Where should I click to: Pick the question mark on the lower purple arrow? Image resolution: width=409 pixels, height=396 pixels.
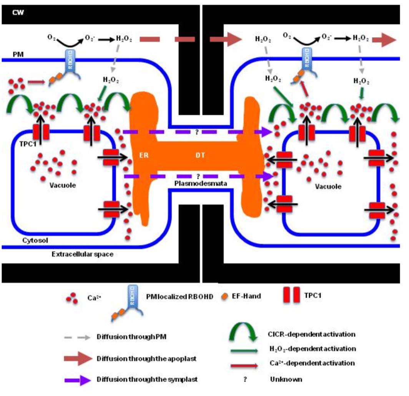tap(198, 176)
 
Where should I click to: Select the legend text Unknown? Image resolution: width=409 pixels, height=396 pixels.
tap(286, 379)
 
